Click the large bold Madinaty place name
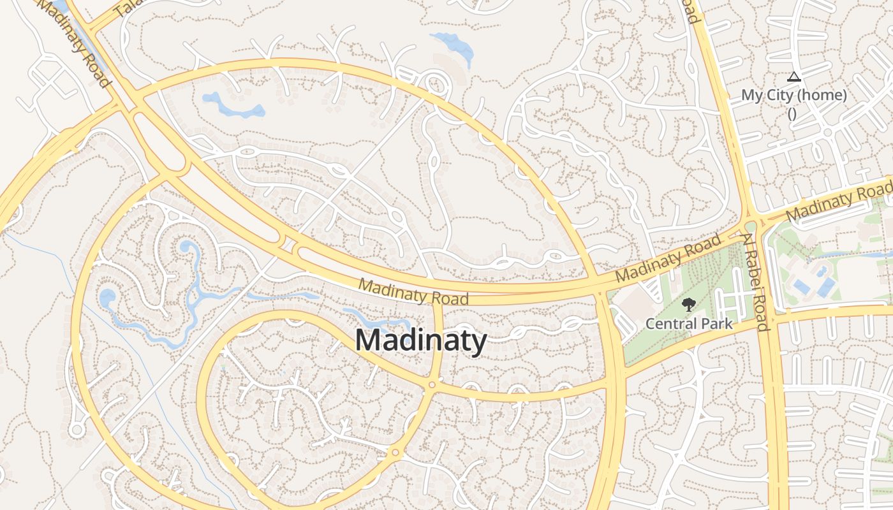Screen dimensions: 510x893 point(421,340)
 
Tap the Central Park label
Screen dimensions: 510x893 point(689,323)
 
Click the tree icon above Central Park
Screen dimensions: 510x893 point(688,305)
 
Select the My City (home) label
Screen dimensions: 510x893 point(793,96)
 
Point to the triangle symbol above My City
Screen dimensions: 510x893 point(793,77)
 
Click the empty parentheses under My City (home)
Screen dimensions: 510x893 point(792,114)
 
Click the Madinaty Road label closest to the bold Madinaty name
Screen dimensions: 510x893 point(413,291)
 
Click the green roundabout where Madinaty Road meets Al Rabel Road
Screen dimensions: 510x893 point(751,226)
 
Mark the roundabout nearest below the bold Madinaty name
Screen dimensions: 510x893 point(432,384)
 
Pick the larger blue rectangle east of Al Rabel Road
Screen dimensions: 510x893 point(826,286)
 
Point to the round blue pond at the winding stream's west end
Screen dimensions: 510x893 point(107,297)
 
